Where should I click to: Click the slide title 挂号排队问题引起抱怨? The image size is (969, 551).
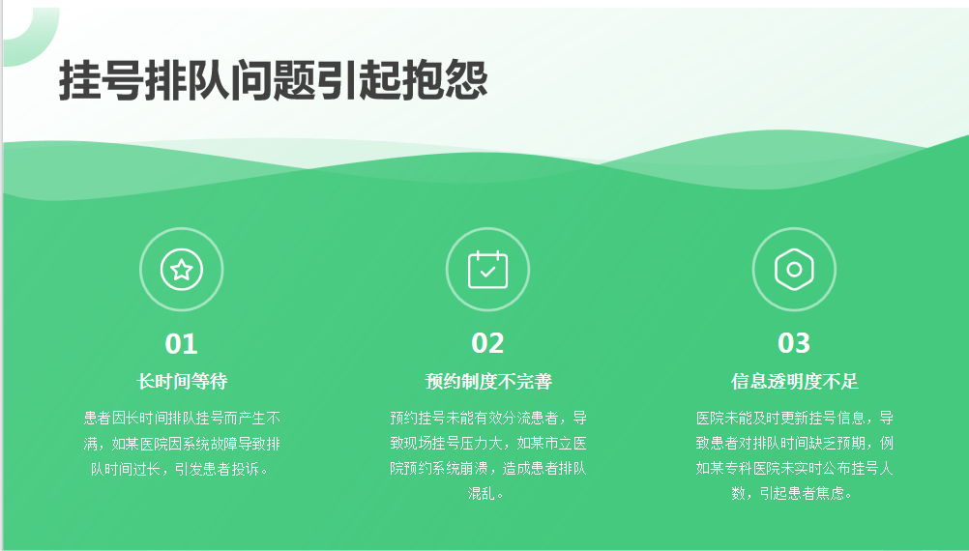pyautogui.click(x=273, y=81)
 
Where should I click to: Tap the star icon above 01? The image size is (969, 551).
pyautogui.click(x=181, y=270)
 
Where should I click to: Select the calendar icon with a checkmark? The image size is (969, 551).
pyautogui.click(x=487, y=270)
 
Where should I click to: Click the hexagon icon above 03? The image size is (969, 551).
pyautogui.click(x=794, y=270)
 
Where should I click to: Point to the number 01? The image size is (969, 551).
pyautogui.click(x=181, y=344)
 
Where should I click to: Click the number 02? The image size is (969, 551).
pyautogui.click(x=487, y=343)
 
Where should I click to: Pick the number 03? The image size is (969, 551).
pyautogui.click(x=794, y=343)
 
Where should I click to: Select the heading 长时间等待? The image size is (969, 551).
pyautogui.click(x=182, y=381)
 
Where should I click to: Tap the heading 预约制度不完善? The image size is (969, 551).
pyautogui.click(x=488, y=381)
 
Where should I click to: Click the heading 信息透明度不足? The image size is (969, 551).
pyautogui.click(x=795, y=381)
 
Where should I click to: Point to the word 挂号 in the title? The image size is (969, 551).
pyautogui.click(x=102, y=81)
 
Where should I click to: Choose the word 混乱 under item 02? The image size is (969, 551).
pyautogui.click(x=482, y=494)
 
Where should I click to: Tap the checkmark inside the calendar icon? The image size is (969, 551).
pyautogui.click(x=487, y=272)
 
